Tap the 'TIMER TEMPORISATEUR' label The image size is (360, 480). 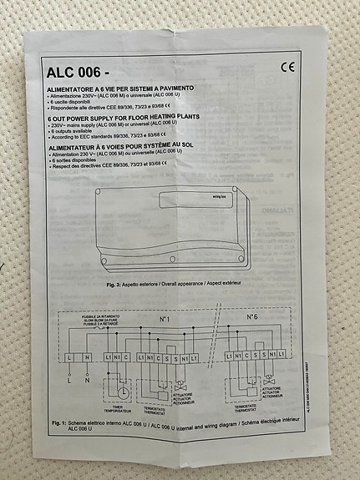[x=118, y=407]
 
